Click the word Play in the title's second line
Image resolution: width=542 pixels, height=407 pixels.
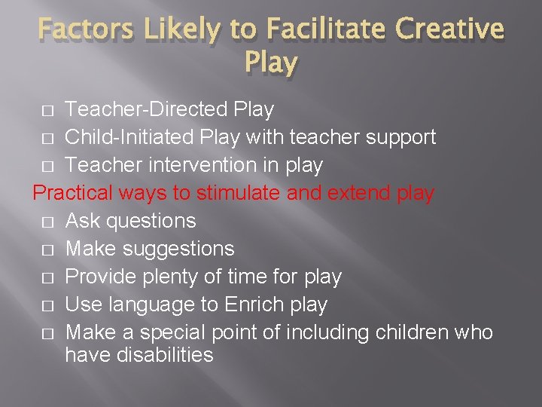271,63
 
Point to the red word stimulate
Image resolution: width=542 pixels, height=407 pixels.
239,193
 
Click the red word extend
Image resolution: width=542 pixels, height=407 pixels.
359,193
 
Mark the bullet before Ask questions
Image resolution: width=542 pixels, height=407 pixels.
47,222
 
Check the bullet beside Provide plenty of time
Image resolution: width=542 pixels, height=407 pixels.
47,277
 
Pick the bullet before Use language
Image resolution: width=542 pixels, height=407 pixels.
47,305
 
